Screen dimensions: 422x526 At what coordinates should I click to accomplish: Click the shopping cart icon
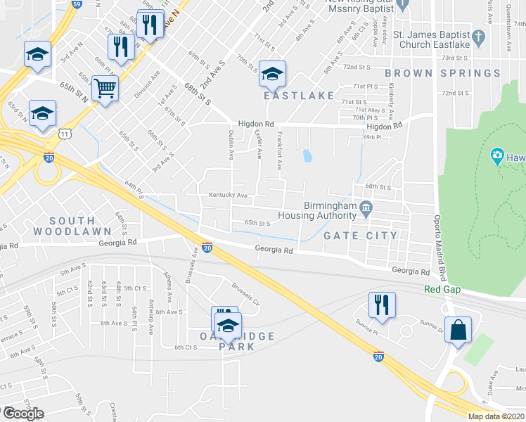click(x=105, y=89)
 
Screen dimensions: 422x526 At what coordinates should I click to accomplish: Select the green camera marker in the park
click(x=497, y=155)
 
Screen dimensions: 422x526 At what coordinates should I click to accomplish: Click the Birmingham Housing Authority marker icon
click(x=366, y=207)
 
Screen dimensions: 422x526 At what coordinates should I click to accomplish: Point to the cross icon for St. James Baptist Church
click(x=478, y=36)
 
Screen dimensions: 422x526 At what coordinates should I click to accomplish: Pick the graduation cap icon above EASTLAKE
click(x=272, y=72)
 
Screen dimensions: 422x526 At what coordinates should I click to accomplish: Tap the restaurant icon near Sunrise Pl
click(x=382, y=304)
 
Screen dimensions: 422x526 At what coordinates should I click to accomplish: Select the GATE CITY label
click(x=360, y=236)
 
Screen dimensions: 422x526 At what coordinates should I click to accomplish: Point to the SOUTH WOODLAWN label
click(x=71, y=226)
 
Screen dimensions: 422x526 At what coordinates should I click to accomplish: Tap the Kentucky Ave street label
click(x=228, y=195)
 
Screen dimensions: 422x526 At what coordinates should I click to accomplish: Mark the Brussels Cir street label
click(x=246, y=294)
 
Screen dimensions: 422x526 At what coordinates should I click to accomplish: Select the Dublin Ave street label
click(x=231, y=144)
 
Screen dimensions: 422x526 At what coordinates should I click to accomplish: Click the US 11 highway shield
click(x=65, y=132)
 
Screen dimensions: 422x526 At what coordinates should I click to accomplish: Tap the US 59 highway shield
click(x=77, y=4)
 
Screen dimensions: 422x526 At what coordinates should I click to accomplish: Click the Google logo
click(x=23, y=414)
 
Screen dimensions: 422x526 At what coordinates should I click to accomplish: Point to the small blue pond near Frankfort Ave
click(x=307, y=155)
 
